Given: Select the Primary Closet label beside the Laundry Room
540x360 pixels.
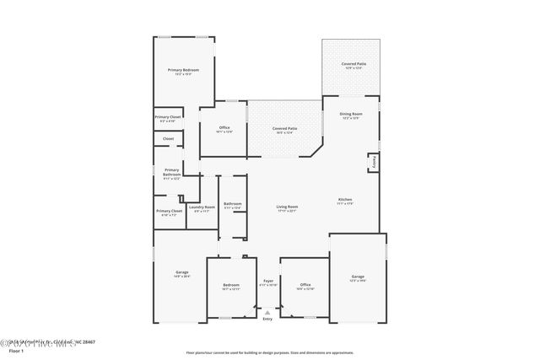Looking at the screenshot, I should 169,211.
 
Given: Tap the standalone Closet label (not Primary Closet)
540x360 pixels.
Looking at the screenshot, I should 168,138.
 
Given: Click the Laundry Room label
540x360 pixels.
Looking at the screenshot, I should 202,207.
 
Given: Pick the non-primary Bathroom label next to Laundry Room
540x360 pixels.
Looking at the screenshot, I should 233,203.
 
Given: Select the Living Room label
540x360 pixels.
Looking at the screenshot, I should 288,207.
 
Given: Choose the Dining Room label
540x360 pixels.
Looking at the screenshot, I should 351,113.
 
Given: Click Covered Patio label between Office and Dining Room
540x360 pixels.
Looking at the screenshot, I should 283,128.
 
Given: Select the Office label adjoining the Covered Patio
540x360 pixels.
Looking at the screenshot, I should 224,127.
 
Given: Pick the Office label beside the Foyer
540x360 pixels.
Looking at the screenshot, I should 305,285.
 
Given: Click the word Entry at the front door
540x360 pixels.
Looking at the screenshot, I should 267,319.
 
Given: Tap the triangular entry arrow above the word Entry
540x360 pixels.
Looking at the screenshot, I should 267,311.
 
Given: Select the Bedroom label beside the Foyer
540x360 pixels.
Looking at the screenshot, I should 231,285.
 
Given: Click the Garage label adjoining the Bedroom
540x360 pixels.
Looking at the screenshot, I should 181,271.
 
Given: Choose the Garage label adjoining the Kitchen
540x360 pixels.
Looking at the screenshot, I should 358,277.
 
